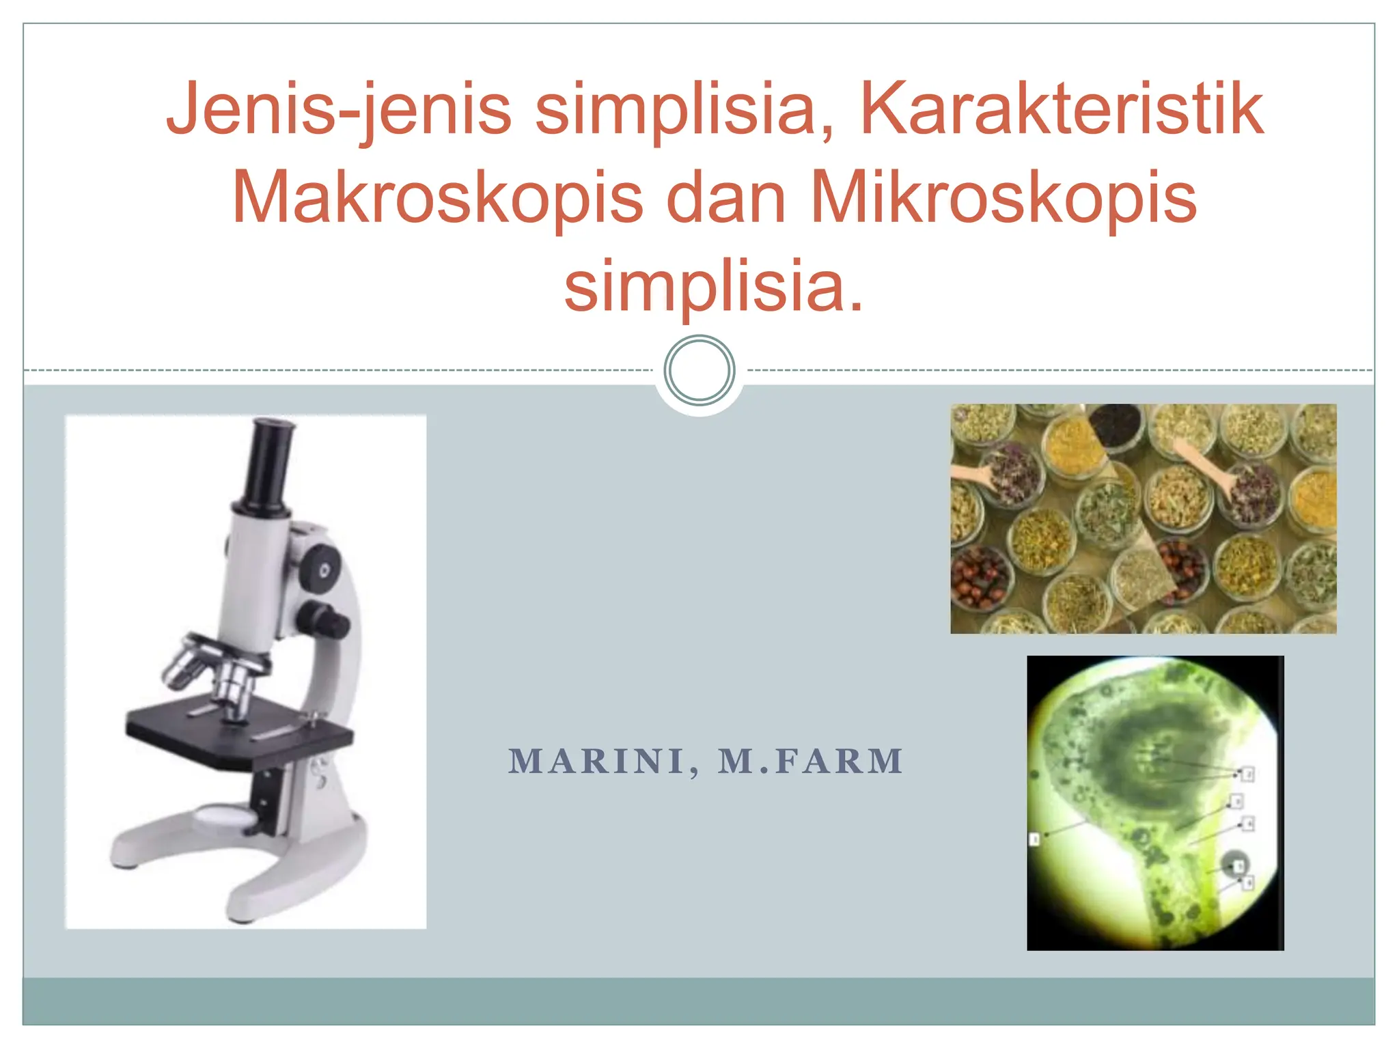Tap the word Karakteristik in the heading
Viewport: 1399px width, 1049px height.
1062,109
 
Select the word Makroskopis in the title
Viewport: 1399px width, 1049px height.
437,197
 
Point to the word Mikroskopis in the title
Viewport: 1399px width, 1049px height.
1003,197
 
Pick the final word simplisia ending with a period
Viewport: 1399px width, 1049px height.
714,286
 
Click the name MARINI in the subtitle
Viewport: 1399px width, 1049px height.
596,761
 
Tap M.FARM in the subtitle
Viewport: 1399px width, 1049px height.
811,761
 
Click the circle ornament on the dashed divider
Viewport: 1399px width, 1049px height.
699,370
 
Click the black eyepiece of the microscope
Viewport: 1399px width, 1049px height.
270,464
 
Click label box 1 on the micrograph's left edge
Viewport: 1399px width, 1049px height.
1034,839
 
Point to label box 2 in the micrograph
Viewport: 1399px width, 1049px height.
1247,774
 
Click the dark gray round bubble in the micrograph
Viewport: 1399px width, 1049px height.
1234,864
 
